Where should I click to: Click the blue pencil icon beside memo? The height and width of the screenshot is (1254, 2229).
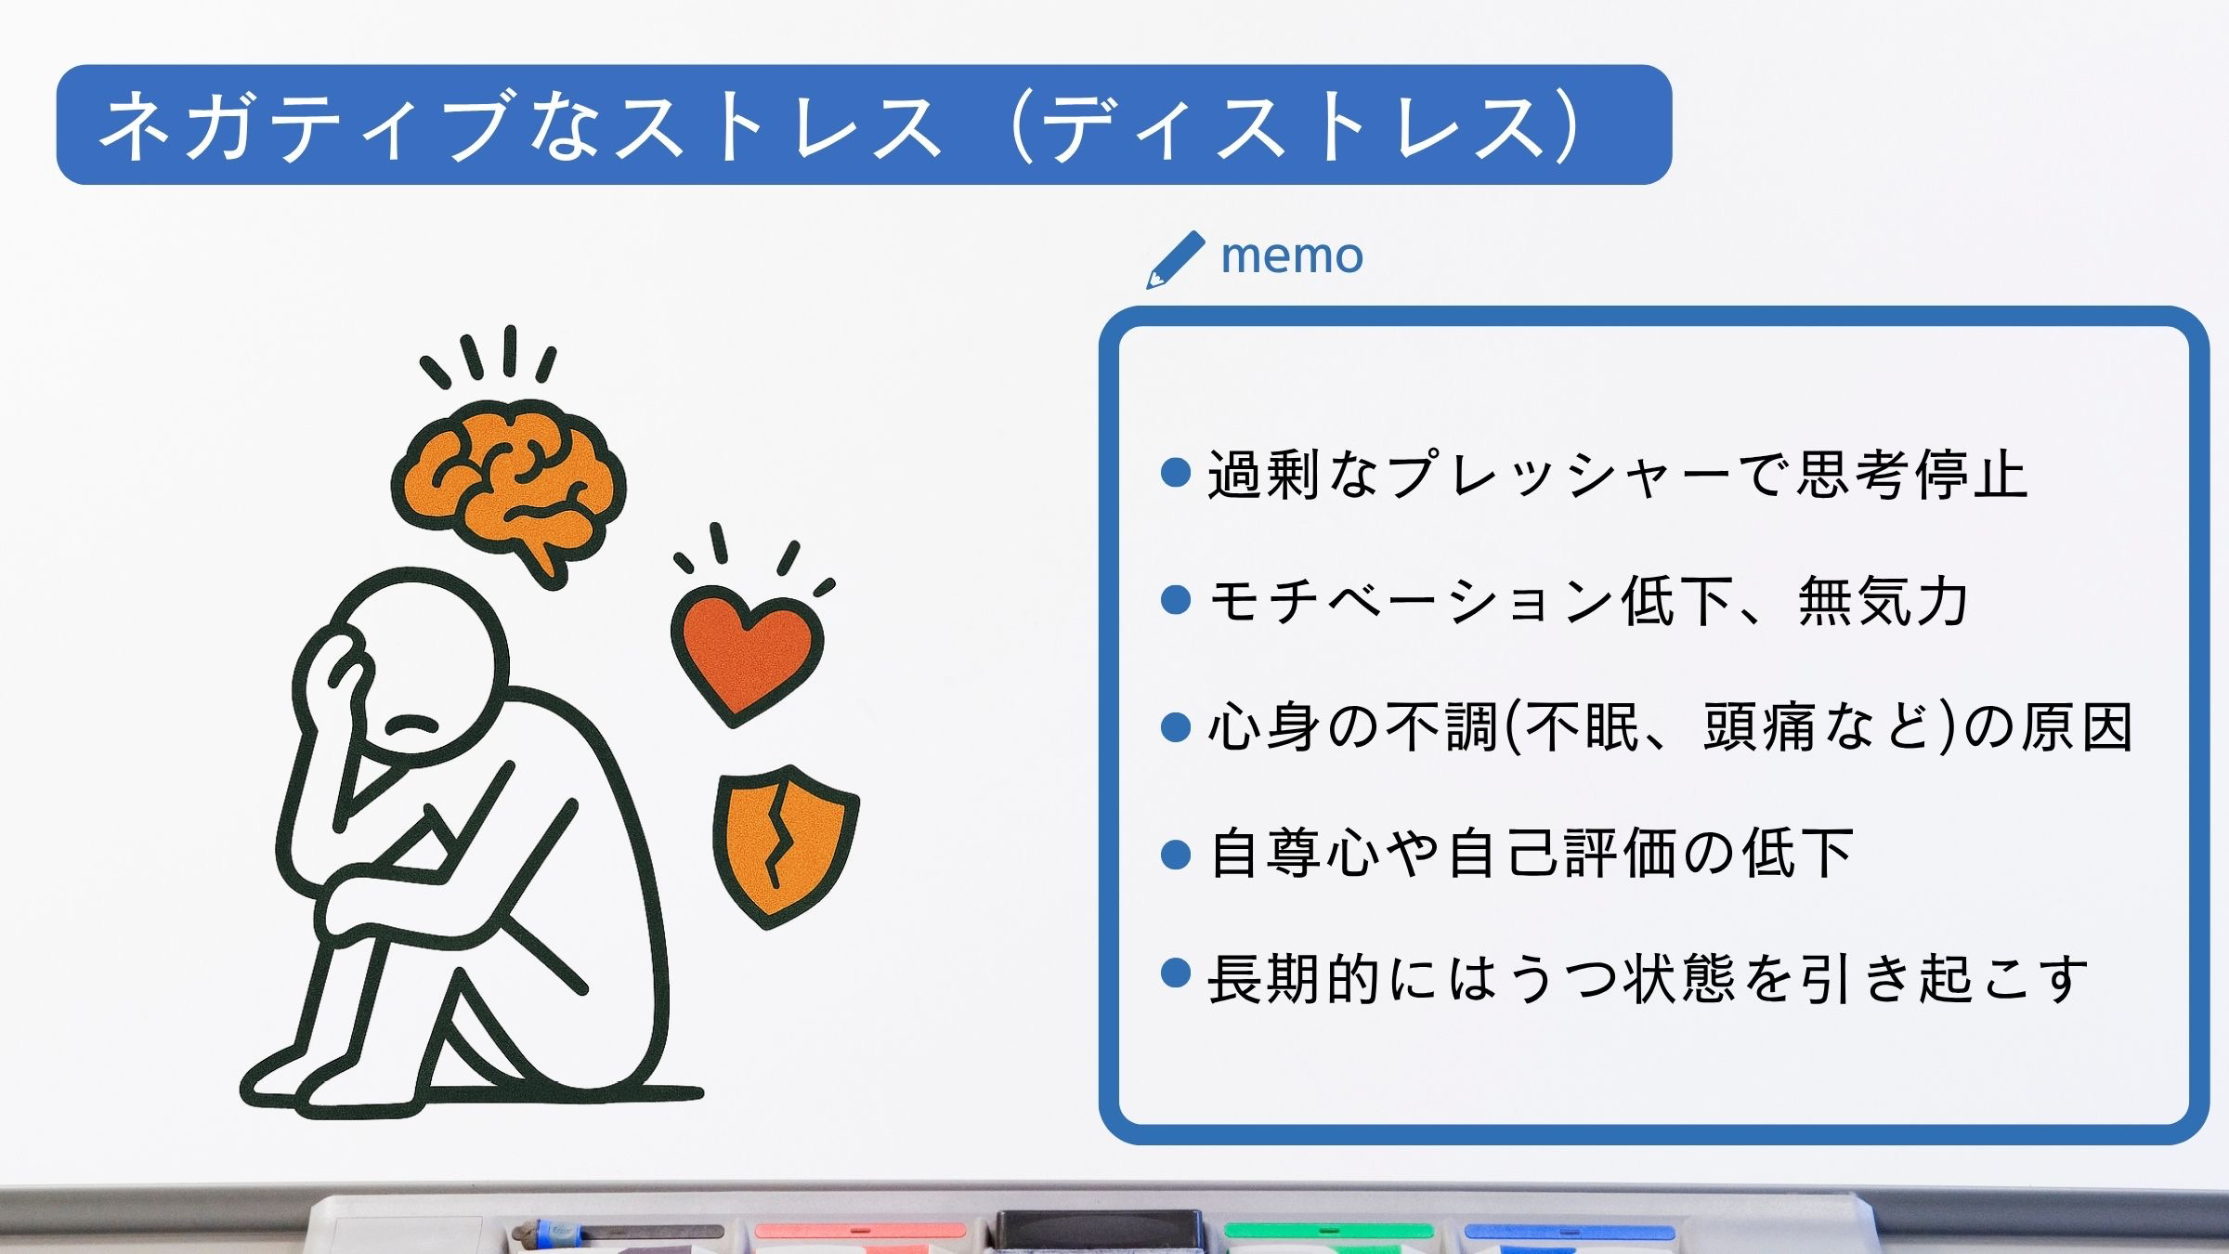1176,259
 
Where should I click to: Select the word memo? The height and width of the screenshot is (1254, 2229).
1292,255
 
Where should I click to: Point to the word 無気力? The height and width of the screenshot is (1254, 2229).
1884,601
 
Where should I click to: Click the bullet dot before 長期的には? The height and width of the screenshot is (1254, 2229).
1176,973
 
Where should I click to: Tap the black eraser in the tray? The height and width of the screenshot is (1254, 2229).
1099,1232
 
